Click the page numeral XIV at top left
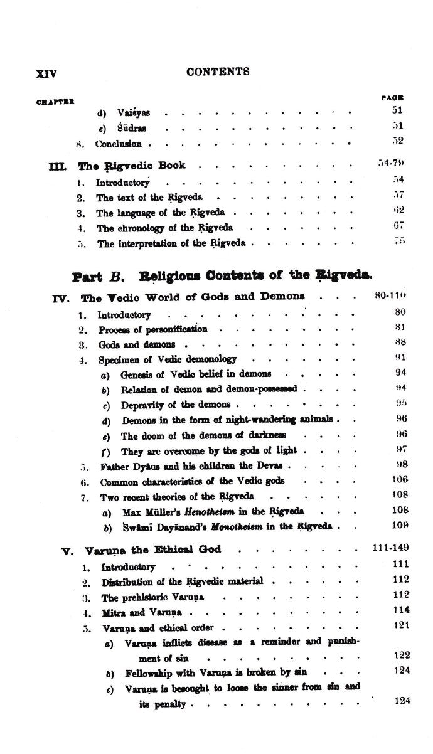[x=46, y=73]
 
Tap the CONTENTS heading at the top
[x=218, y=72]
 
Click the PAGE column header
[x=392, y=98]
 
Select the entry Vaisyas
[x=133, y=113]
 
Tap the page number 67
[x=399, y=226]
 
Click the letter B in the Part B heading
[x=116, y=275]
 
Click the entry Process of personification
[x=152, y=329]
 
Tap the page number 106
[x=398, y=481]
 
